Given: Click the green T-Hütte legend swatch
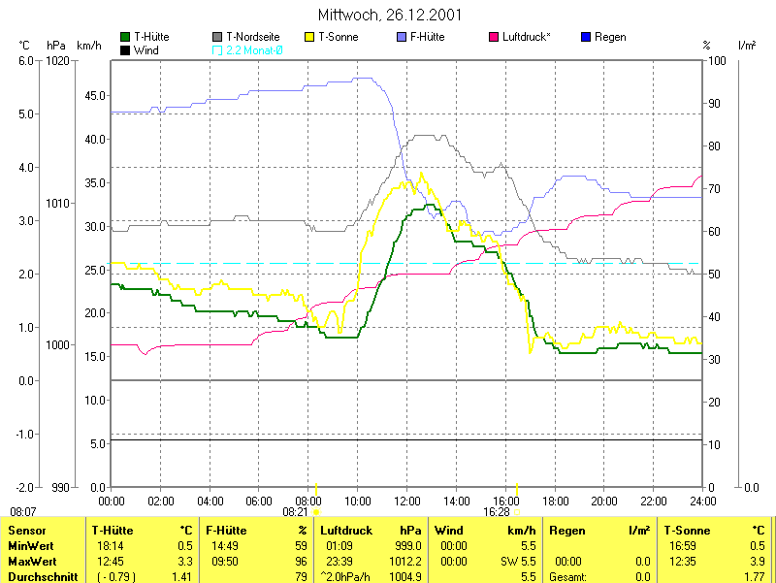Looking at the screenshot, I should [125, 37].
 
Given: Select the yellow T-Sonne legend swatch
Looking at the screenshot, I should [311, 37].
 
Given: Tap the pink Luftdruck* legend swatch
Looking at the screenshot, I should [494, 37].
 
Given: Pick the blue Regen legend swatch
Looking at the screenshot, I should [585, 37].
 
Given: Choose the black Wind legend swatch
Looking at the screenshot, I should [125, 49].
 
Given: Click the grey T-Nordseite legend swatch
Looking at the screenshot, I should [217, 37].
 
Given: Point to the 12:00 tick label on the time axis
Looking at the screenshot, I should [406, 502].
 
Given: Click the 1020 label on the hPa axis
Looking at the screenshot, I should [57, 60].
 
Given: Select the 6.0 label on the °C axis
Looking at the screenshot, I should [26, 60].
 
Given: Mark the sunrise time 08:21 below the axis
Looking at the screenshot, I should [295, 511].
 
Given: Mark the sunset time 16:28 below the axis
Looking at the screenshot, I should [496, 511].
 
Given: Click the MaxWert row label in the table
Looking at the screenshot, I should [33, 562].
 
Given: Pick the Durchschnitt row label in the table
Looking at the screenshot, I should [40, 577].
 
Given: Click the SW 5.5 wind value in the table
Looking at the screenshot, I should [516, 562].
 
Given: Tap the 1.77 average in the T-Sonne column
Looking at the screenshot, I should [754, 577].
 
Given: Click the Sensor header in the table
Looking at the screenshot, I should [29, 531].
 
